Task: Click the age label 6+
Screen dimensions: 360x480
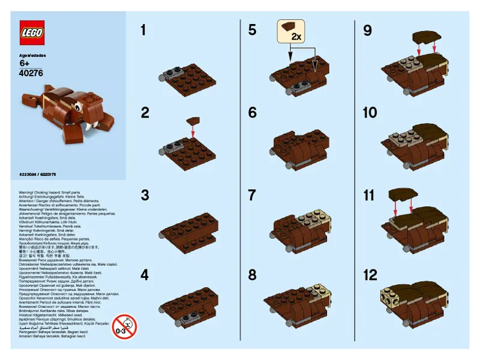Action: (x=25, y=64)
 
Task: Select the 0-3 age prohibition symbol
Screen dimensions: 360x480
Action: (x=124, y=327)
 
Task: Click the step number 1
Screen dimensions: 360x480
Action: (x=143, y=30)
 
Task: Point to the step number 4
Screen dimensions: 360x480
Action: (x=144, y=275)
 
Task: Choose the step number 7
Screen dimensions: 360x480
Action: (x=252, y=195)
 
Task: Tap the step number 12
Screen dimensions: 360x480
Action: (x=370, y=275)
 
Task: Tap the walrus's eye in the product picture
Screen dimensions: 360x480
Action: (x=77, y=108)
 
